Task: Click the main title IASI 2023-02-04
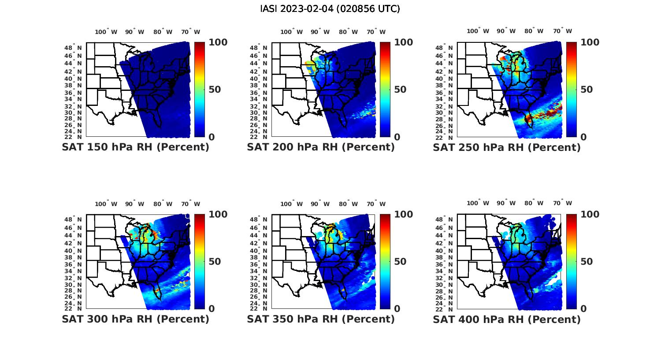point(330,9)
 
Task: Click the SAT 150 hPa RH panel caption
point(135,147)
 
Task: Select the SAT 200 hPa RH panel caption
point(321,147)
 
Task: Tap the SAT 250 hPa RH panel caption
point(507,147)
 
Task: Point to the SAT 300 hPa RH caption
point(135,319)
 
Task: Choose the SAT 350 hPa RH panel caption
point(321,319)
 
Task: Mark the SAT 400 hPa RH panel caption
point(507,319)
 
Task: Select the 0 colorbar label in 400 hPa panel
point(583,309)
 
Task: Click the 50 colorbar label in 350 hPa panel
point(400,262)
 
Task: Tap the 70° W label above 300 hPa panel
point(190,204)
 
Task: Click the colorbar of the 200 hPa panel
point(385,90)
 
